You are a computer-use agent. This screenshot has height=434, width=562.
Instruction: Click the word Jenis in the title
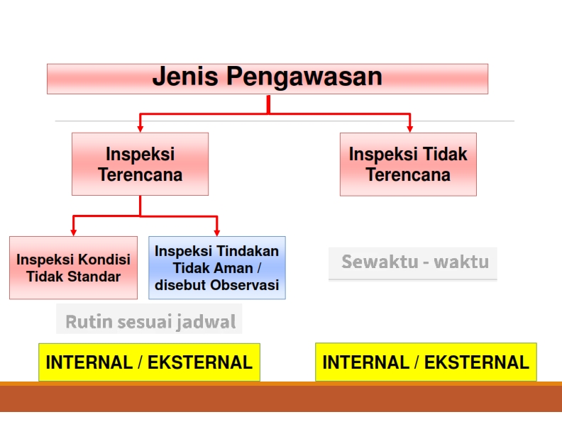[185, 76]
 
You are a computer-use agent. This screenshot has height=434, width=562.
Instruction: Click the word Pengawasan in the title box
[304, 77]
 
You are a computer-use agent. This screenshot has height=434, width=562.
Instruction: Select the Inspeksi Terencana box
[140, 164]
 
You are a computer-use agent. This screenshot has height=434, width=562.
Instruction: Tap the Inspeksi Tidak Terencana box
[408, 165]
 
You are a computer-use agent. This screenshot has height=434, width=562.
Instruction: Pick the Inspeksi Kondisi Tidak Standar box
[74, 267]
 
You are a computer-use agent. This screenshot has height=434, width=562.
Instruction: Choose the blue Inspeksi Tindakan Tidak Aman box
[217, 267]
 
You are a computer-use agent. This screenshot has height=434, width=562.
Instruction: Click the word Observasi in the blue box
[244, 285]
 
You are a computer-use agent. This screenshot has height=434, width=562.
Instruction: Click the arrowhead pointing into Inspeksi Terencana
[140, 129]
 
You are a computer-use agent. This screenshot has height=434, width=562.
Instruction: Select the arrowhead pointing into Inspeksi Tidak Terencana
[410, 129]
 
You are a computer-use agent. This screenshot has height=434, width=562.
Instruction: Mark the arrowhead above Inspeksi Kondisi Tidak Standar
[74, 233]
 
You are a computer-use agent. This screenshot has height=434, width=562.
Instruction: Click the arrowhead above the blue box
[217, 233]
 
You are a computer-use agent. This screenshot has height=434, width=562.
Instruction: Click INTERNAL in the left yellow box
[89, 362]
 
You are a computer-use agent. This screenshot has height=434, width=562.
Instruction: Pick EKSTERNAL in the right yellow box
[477, 362]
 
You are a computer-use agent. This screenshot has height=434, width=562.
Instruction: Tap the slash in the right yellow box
[417, 362]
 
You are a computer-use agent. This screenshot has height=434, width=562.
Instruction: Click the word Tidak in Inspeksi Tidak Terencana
[446, 154]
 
